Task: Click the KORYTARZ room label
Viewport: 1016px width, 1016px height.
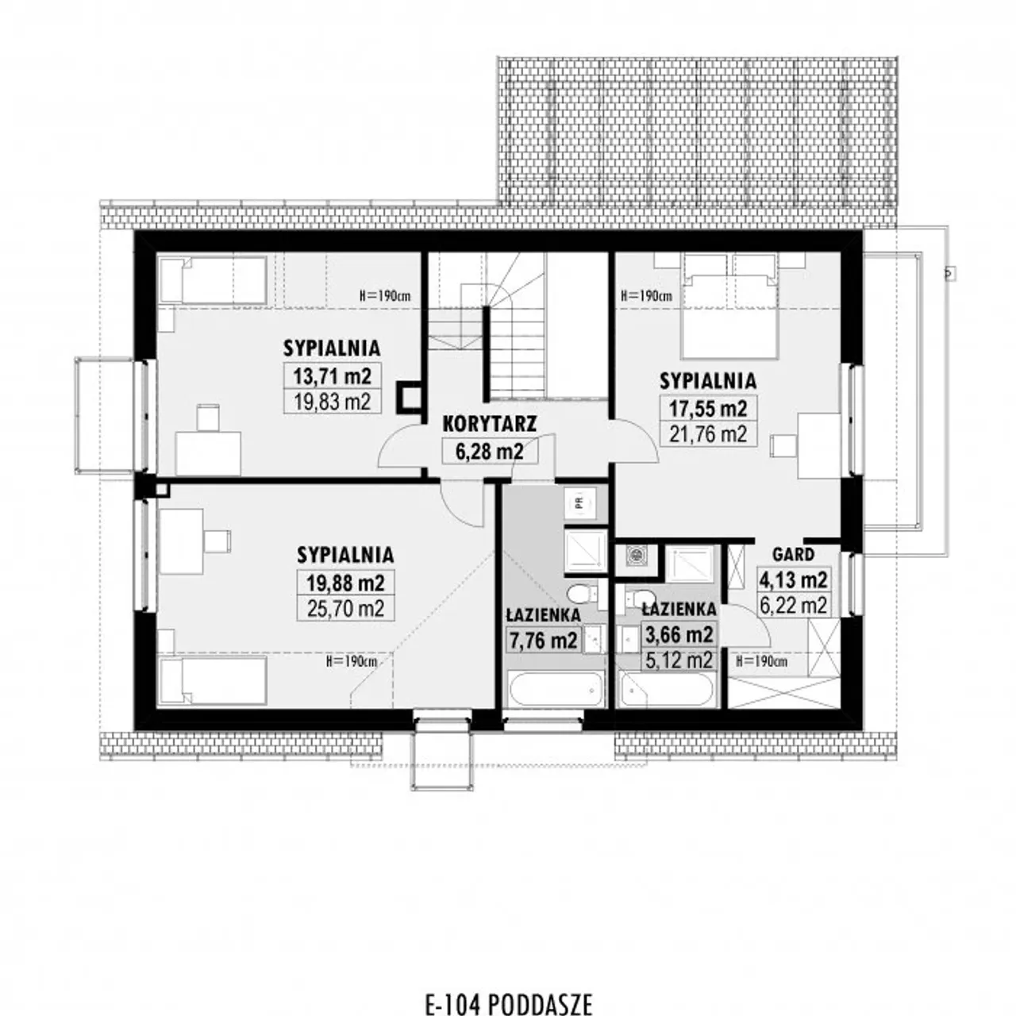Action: click(x=490, y=424)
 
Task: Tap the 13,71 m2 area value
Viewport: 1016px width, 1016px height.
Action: click(x=332, y=376)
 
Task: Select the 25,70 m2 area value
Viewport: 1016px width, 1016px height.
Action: click(x=346, y=609)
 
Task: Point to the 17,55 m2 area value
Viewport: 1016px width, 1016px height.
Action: click(x=708, y=408)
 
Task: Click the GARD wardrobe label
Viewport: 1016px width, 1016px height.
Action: click(x=793, y=554)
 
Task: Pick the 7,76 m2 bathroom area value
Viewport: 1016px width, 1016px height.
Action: click(x=543, y=640)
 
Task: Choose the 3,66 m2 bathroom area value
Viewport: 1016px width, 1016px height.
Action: click(x=679, y=634)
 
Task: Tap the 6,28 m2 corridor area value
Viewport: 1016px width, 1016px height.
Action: click(x=490, y=452)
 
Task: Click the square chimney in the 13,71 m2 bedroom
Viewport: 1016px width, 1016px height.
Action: click(x=410, y=396)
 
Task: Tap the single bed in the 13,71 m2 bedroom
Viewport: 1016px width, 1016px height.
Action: click(x=213, y=280)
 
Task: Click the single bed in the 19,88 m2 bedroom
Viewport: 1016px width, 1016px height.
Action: click(x=212, y=680)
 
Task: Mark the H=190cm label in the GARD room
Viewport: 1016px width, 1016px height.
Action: click(x=761, y=661)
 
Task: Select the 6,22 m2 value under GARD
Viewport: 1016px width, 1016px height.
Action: click(x=793, y=606)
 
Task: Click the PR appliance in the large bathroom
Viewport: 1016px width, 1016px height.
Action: click(x=580, y=503)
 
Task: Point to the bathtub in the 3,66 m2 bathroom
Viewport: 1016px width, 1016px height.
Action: click(x=667, y=690)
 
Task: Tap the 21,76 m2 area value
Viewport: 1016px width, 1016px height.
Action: click(x=708, y=434)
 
